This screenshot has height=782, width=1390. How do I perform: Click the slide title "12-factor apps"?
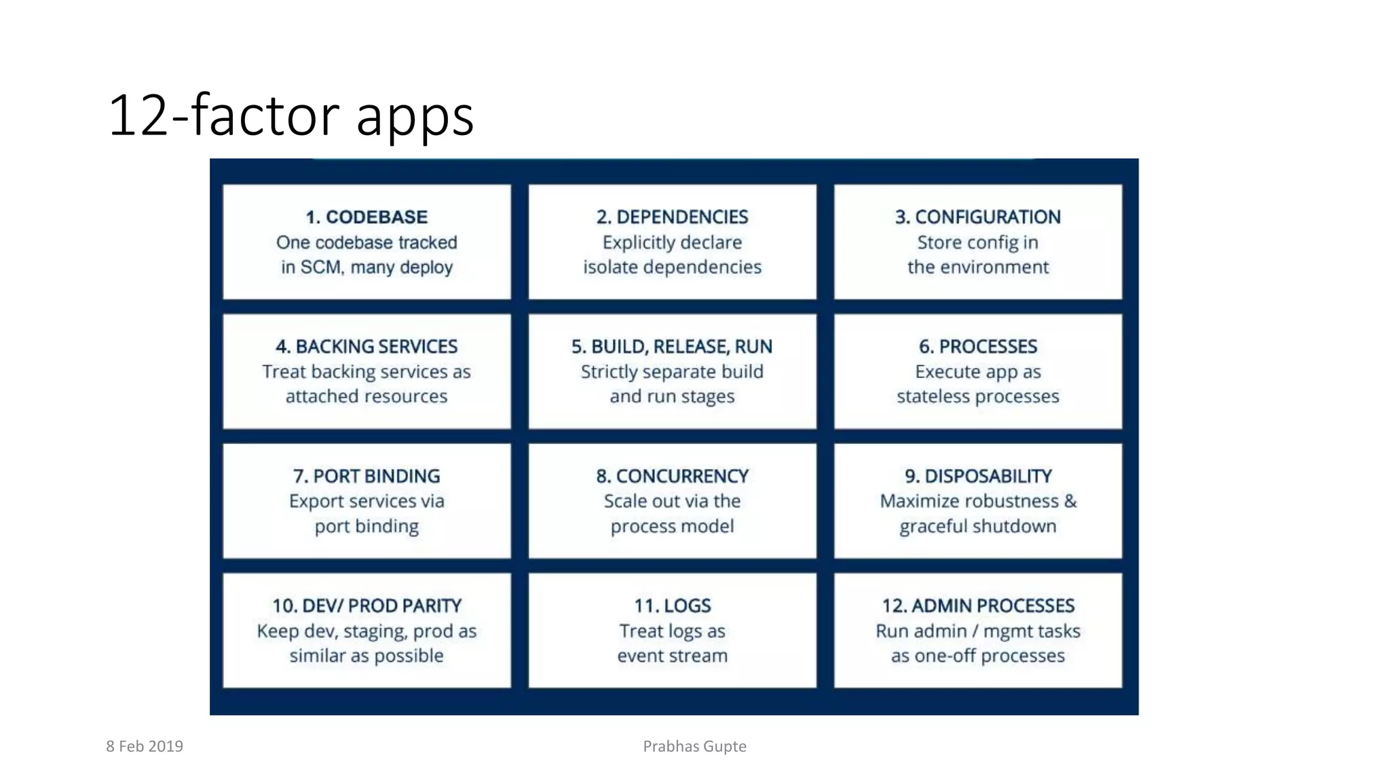pyautogui.click(x=290, y=115)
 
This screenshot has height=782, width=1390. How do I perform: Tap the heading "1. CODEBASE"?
pyautogui.click(x=367, y=217)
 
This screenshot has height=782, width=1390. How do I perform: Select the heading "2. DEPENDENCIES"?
pyautogui.click(x=672, y=217)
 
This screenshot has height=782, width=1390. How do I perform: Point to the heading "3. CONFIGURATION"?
pyautogui.click(x=977, y=217)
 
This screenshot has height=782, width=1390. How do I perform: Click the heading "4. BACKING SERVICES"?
pyautogui.click(x=367, y=347)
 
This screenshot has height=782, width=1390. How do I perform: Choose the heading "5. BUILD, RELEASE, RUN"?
pyautogui.click(x=672, y=347)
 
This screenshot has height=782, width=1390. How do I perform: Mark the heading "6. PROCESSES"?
pyautogui.click(x=977, y=347)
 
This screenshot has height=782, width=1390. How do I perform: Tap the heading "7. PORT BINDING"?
pyautogui.click(x=367, y=477)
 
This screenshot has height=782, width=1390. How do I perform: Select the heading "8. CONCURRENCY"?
pyautogui.click(x=672, y=477)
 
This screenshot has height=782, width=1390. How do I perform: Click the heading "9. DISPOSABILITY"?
pyautogui.click(x=977, y=477)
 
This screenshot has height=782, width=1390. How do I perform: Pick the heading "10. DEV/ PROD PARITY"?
pyautogui.click(x=367, y=606)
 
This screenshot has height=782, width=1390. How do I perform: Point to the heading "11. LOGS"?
pyautogui.click(x=672, y=606)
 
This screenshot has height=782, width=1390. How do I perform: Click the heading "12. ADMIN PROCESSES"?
pyautogui.click(x=977, y=606)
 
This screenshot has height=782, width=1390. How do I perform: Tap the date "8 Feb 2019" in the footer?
pyautogui.click(x=145, y=747)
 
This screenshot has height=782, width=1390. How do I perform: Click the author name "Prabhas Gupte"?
pyautogui.click(x=694, y=747)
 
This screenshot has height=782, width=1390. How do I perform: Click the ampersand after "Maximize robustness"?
pyautogui.click(x=1070, y=502)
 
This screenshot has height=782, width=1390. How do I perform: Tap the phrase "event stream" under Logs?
pyautogui.click(x=672, y=656)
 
